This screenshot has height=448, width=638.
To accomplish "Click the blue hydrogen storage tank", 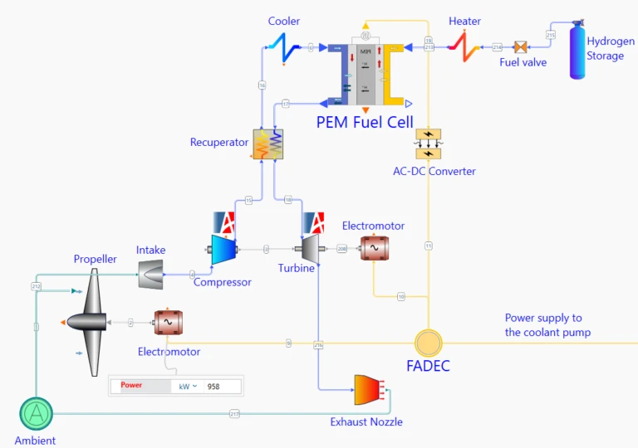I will [x=577, y=52].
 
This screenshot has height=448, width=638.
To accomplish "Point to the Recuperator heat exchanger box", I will [x=267, y=144].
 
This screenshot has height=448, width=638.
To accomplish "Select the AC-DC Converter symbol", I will [x=429, y=144].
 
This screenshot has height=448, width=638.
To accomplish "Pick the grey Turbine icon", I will [x=308, y=247].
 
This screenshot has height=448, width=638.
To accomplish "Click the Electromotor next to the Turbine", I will [x=373, y=248].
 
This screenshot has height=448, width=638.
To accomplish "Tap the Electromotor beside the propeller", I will [x=167, y=322].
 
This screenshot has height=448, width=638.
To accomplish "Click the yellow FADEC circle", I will [x=429, y=343].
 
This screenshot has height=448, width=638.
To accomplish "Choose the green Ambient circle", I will [x=36, y=411].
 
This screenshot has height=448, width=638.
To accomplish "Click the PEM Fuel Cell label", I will [x=365, y=122].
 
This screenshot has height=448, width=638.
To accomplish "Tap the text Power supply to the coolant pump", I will [x=548, y=325].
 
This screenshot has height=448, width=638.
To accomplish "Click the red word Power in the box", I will [x=132, y=386].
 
